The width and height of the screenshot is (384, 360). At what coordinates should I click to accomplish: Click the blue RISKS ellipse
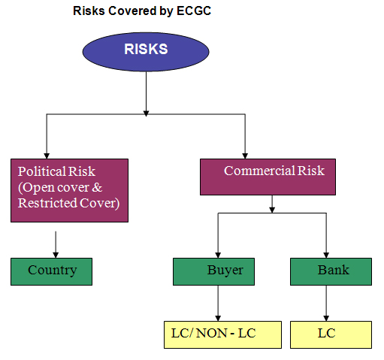tap(146, 52)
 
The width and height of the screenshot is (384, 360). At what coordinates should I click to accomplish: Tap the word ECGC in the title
tap(194, 11)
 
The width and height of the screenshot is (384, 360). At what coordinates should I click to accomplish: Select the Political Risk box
tap(69, 190)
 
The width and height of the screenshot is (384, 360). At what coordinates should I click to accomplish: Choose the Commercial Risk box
tap(268, 177)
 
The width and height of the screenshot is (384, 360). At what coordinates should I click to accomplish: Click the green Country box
tap(51, 271)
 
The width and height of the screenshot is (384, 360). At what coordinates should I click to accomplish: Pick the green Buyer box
tap(213, 271)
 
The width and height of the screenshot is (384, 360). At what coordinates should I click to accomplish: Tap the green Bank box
tap(331, 271)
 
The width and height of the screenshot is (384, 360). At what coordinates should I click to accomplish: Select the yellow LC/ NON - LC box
tap(222, 334)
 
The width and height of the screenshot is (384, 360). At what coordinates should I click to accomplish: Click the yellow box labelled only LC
tap(331, 334)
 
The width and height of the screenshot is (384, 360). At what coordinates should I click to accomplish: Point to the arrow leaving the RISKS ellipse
tap(146, 94)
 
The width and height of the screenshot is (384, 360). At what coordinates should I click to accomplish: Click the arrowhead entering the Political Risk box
tap(47, 156)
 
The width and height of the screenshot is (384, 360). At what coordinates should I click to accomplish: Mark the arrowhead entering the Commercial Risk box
tap(245, 156)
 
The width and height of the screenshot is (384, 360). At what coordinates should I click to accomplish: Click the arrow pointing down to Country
tap(56, 244)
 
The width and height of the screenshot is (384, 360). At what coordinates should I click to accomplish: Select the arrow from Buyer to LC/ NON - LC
tap(218, 303)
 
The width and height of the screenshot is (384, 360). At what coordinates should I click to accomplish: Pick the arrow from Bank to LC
tap(326, 303)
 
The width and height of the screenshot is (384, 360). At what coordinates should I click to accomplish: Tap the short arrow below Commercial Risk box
tap(272, 204)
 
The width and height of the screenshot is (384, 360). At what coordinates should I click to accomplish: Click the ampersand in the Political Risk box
tap(97, 187)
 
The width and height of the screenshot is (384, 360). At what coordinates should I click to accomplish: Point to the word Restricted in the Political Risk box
tap(47, 203)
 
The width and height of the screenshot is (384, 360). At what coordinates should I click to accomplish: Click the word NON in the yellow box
tap(212, 333)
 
